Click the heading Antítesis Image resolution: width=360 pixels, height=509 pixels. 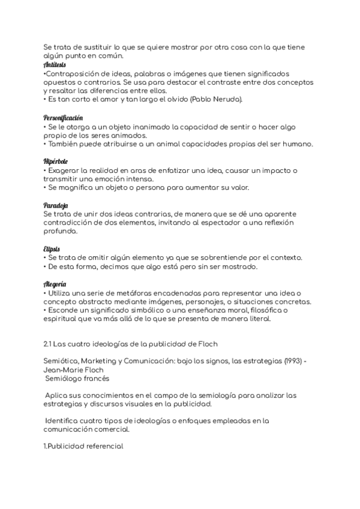click(x=55, y=64)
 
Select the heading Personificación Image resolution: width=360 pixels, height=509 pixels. click(x=63, y=118)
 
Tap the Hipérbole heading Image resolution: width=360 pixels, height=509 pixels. click(x=55, y=161)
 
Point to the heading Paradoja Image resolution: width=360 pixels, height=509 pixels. click(x=55, y=205)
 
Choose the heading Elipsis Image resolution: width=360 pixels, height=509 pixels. click(x=52, y=248)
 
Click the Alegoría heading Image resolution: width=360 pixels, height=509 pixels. click(x=55, y=283)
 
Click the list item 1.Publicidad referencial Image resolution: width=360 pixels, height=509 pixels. click(x=83, y=447)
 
